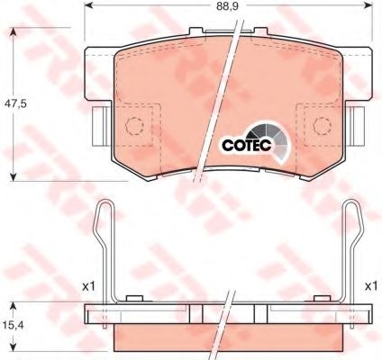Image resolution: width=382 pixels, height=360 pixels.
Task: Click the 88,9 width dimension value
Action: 227,6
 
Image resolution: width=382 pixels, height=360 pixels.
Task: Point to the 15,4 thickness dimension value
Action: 14,324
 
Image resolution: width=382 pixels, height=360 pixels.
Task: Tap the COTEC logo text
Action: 247,145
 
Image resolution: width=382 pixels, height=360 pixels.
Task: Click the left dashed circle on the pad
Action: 134,126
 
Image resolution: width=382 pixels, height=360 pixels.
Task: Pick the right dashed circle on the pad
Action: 323,126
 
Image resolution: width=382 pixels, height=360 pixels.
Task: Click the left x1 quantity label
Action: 88,286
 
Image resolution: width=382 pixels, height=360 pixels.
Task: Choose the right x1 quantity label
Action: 371,286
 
